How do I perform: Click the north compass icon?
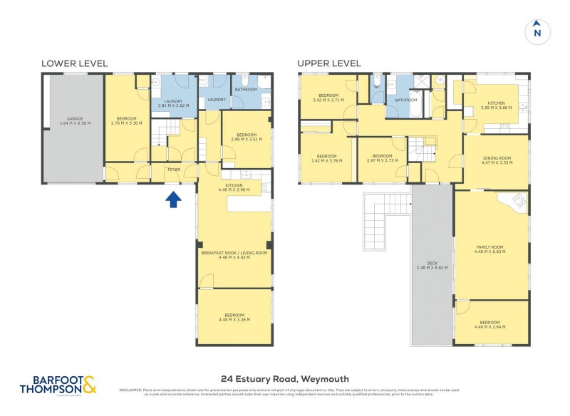click(x=537, y=31)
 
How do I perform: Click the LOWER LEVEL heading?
click(x=74, y=63)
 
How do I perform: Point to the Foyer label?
click(x=174, y=170)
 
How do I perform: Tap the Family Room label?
click(x=490, y=249)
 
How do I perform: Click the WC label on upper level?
click(x=378, y=89)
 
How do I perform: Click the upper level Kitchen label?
click(x=497, y=105)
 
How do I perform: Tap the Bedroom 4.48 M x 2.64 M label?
click(x=490, y=324)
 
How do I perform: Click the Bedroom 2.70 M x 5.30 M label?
click(x=128, y=121)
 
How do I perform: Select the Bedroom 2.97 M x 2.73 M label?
click(x=382, y=158)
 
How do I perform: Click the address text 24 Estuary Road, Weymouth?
click(x=285, y=379)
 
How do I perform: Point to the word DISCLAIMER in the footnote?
click(x=130, y=390)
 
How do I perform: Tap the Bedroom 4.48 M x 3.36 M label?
click(x=234, y=317)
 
